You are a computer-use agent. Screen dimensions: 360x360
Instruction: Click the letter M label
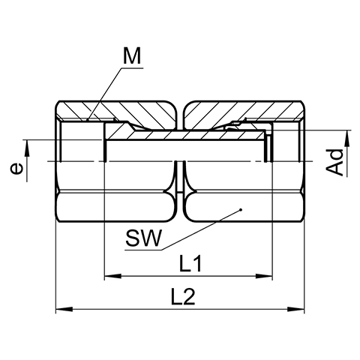pos(132,55)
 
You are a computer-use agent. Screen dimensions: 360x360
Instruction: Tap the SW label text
pos(143,238)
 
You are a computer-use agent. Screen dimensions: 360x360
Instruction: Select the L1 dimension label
pos(190,263)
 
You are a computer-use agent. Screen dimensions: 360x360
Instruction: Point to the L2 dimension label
pos(183,296)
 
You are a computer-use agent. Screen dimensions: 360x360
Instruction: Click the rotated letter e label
pos(16,168)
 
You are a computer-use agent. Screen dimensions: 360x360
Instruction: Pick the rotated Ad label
pos(335,162)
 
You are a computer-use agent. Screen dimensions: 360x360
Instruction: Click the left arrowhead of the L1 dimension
pos(112,276)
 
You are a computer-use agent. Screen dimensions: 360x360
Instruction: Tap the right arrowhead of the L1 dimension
pos(264,276)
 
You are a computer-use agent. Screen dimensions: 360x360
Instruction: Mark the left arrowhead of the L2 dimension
pos(64,309)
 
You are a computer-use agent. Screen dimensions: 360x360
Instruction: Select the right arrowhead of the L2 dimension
pos(296,309)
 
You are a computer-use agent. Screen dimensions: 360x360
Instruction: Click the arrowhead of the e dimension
pos(26,148)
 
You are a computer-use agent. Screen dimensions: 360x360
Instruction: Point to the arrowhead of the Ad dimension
pos(347,139)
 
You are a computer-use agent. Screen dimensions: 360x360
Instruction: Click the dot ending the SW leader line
pos(241,209)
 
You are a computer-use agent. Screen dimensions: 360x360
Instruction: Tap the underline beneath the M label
pos(132,68)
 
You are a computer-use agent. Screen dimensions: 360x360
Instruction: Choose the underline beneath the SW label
pos(143,250)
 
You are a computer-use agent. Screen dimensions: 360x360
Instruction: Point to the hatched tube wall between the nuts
pos(185,135)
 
